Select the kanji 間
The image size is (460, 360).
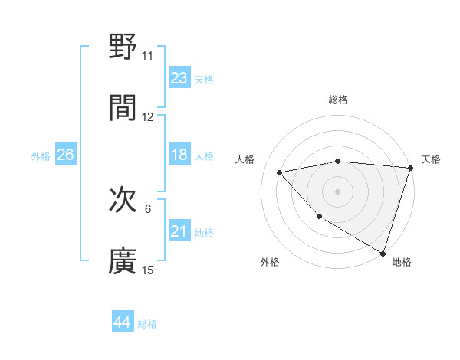pos(123,107)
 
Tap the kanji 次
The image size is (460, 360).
pos(123,201)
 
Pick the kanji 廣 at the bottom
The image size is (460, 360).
pos(123,260)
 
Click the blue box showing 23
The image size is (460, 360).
pos(179,78)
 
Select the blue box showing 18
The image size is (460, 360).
pos(179,155)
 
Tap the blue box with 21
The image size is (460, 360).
pos(179,231)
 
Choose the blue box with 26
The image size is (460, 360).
pos(65,155)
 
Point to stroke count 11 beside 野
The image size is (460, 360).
pos(147,56)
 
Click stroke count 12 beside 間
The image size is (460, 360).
pos(147,117)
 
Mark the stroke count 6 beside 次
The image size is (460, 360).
pos(148,209)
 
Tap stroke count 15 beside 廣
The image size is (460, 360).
pos(147,270)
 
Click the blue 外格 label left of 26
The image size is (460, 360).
pos(41,156)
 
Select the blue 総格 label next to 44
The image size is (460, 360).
pos(147,324)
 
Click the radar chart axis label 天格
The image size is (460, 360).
pos(432,159)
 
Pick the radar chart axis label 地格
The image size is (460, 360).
pos(402,262)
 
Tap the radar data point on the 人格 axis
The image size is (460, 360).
pos(280,172)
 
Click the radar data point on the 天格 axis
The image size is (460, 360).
pos(409,168)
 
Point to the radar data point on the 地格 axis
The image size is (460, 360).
pos(383,252)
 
